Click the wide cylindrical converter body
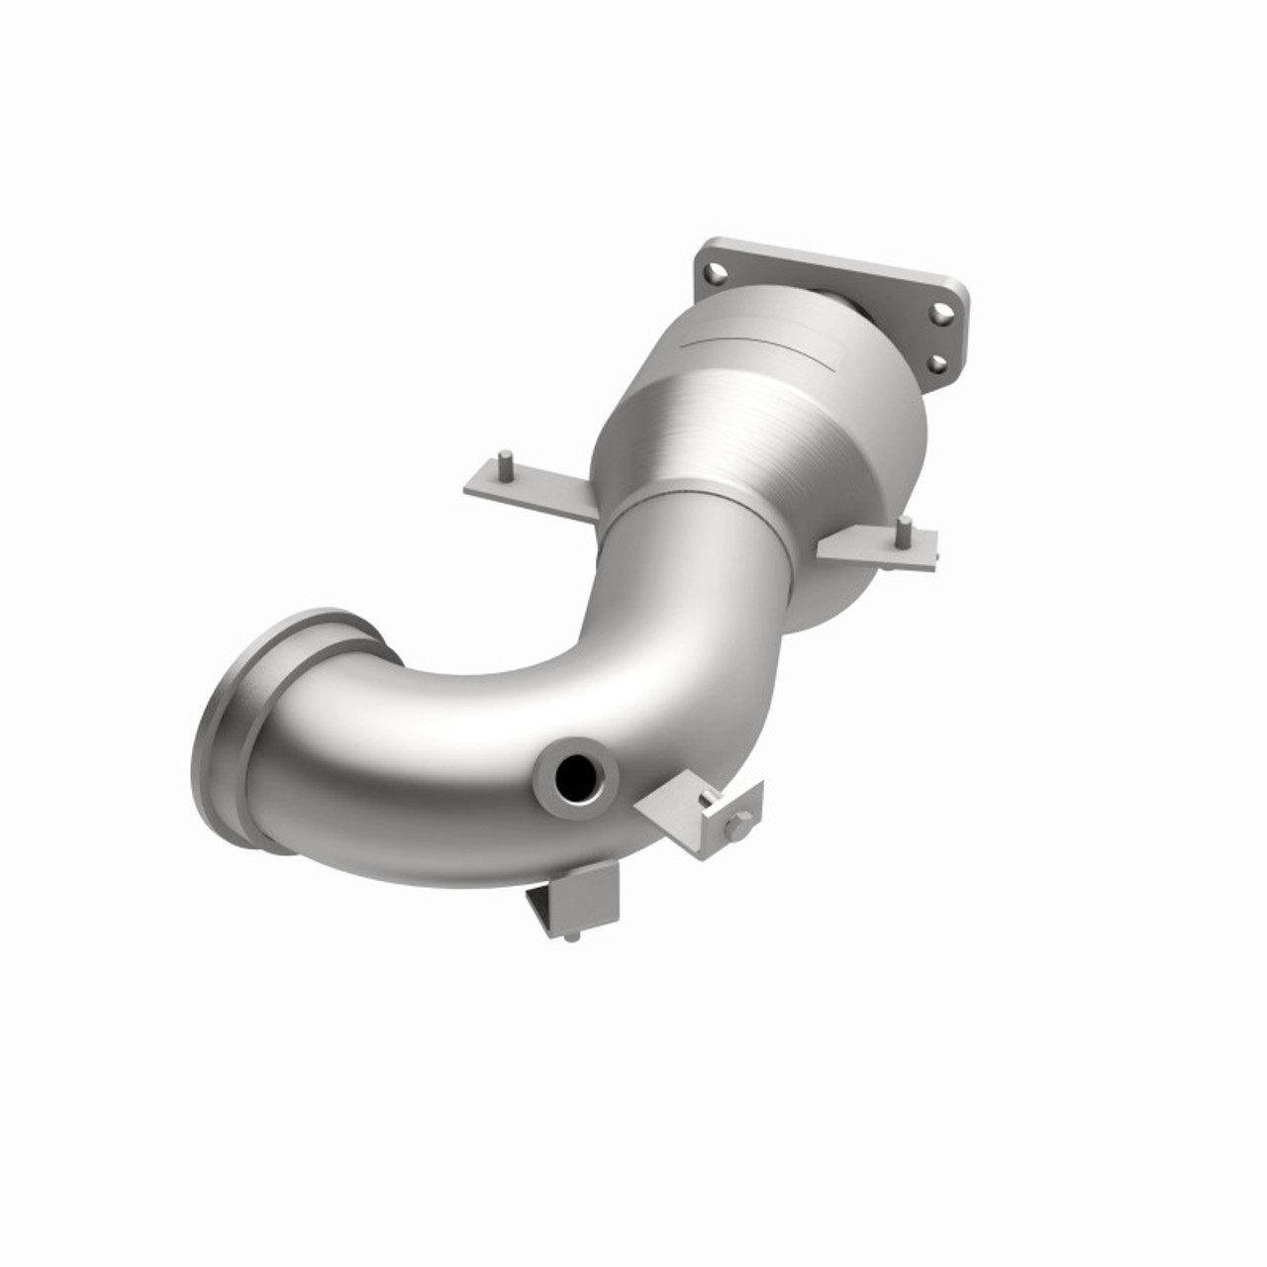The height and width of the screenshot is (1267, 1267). pos(752,416)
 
